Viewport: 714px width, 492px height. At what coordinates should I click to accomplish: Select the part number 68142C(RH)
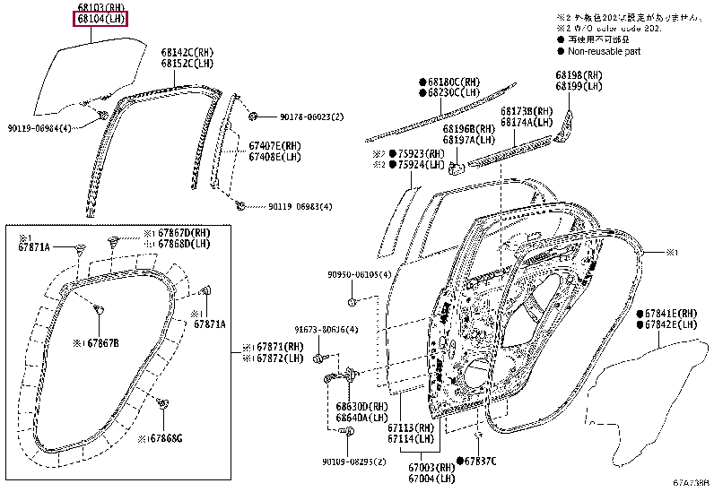[187, 53]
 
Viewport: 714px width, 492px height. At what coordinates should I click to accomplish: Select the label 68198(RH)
[579, 75]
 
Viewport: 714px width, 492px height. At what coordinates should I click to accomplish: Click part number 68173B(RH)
[526, 111]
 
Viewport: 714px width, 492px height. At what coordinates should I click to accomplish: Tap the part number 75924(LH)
[421, 165]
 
